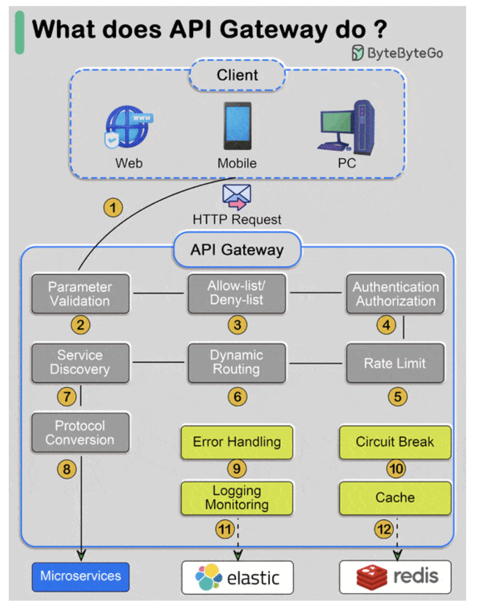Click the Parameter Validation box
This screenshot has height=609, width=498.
[x=80, y=294]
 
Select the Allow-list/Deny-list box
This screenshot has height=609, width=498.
[x=237, y=293]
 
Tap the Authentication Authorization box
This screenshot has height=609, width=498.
[x=395, y=294]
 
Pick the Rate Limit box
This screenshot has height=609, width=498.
[x=395, y=363]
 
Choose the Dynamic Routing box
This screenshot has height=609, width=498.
[x=237, y=362]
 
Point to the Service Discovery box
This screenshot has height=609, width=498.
[x=80, y=362]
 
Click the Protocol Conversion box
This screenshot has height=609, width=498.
[x=80, y=432]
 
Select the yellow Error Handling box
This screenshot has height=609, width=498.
[x=237, y=442]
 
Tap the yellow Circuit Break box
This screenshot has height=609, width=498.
[x=395, y=442]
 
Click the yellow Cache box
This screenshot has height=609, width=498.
[x=395, y=498]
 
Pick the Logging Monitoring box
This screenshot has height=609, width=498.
[x=237, y=498]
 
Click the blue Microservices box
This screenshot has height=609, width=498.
[x=80, y=576]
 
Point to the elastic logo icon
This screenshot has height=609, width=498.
[x=208, y=577]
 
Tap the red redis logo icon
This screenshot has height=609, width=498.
[x=371, y=577]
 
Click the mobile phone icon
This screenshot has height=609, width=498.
[x=237, y=126]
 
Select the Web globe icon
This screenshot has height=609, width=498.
[x=128, y=127]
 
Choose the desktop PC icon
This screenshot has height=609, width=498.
[x=347, y=128]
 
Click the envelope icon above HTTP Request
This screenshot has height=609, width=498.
[x=237, y=196]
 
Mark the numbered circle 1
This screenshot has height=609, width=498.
[x=113, y=207]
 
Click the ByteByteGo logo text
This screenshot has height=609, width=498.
[x=404, y=53]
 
